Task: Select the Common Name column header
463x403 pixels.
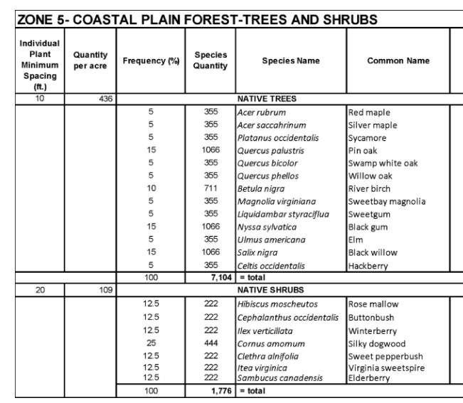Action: tap(398, 61)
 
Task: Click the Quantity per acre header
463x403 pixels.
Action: tap(90, 61)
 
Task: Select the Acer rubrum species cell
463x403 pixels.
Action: tap(261, 112)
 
